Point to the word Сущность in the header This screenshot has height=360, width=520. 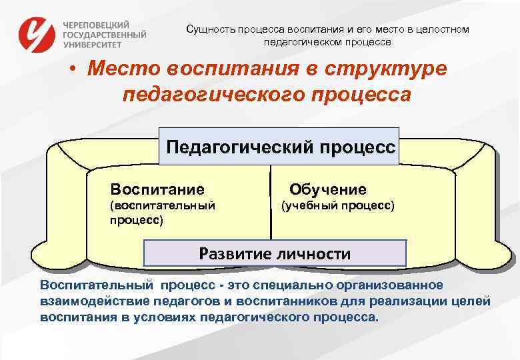tap(209, 30)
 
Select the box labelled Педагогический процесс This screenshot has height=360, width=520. tap(279, 146)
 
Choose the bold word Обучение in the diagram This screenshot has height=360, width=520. tap(327, 189)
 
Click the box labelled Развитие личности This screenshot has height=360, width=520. tap(275, 253)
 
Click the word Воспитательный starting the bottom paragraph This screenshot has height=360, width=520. tap(96, 286)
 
